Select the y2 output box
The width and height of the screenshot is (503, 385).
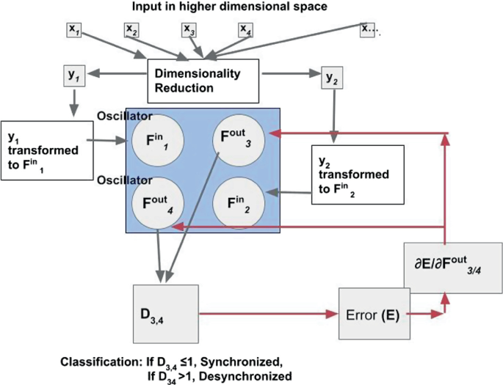point(330,76)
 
